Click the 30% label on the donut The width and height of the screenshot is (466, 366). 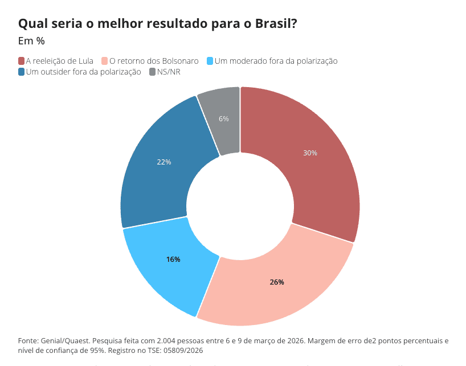pyautogui.click(x=310, y=153)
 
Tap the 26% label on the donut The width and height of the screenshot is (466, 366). pyautogui.click(x=277, y=282)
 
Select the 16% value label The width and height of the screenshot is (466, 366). pyautogui.click(x=173, y=260)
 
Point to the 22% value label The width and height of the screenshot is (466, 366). pyautogui.click(x=164, y=162)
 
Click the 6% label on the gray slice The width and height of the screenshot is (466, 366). pyautogui.click(x=224, y=119)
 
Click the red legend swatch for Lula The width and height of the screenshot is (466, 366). pyautogui.click(x=22, y=61)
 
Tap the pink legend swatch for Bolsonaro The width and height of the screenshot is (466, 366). pyautogui.click(x=104, y=61)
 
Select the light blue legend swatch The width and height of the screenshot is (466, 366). pyautogui.click(x=210, y=61)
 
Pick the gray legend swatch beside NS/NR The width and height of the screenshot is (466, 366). pyautogui.click(x=152, y=72)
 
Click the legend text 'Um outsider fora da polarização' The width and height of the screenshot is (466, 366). pyautogui.click(x=83, y=72)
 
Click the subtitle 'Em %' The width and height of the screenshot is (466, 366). pyautogui.click(x=31, y=41)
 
